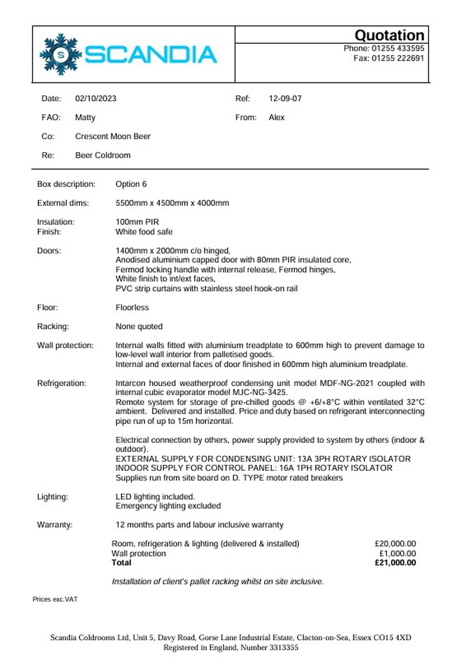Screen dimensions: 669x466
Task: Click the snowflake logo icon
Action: [61, 54]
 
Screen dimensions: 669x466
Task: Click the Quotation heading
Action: [389, 35]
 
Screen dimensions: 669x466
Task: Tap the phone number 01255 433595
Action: [398, 49]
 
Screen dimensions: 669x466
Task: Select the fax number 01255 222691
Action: [398, 58]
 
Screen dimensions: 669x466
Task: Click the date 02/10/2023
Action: [96, 99]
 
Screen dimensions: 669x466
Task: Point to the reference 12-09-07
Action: [285, 99]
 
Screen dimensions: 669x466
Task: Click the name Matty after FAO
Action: [85, 118]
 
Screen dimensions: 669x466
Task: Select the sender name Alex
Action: [276, 118]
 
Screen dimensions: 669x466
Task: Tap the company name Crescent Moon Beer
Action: [113, 137]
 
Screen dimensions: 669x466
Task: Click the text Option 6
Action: [131, 184]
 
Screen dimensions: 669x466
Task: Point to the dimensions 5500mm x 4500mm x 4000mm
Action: [172, 203]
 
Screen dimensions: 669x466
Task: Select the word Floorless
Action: [132, 308]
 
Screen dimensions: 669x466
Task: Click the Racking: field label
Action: [53, 327]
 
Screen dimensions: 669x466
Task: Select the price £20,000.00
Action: [395, 544]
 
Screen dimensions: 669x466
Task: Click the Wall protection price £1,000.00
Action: [397, 554]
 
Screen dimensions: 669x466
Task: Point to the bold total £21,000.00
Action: [395, 563]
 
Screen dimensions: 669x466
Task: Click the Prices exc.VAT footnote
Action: [55, 600]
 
